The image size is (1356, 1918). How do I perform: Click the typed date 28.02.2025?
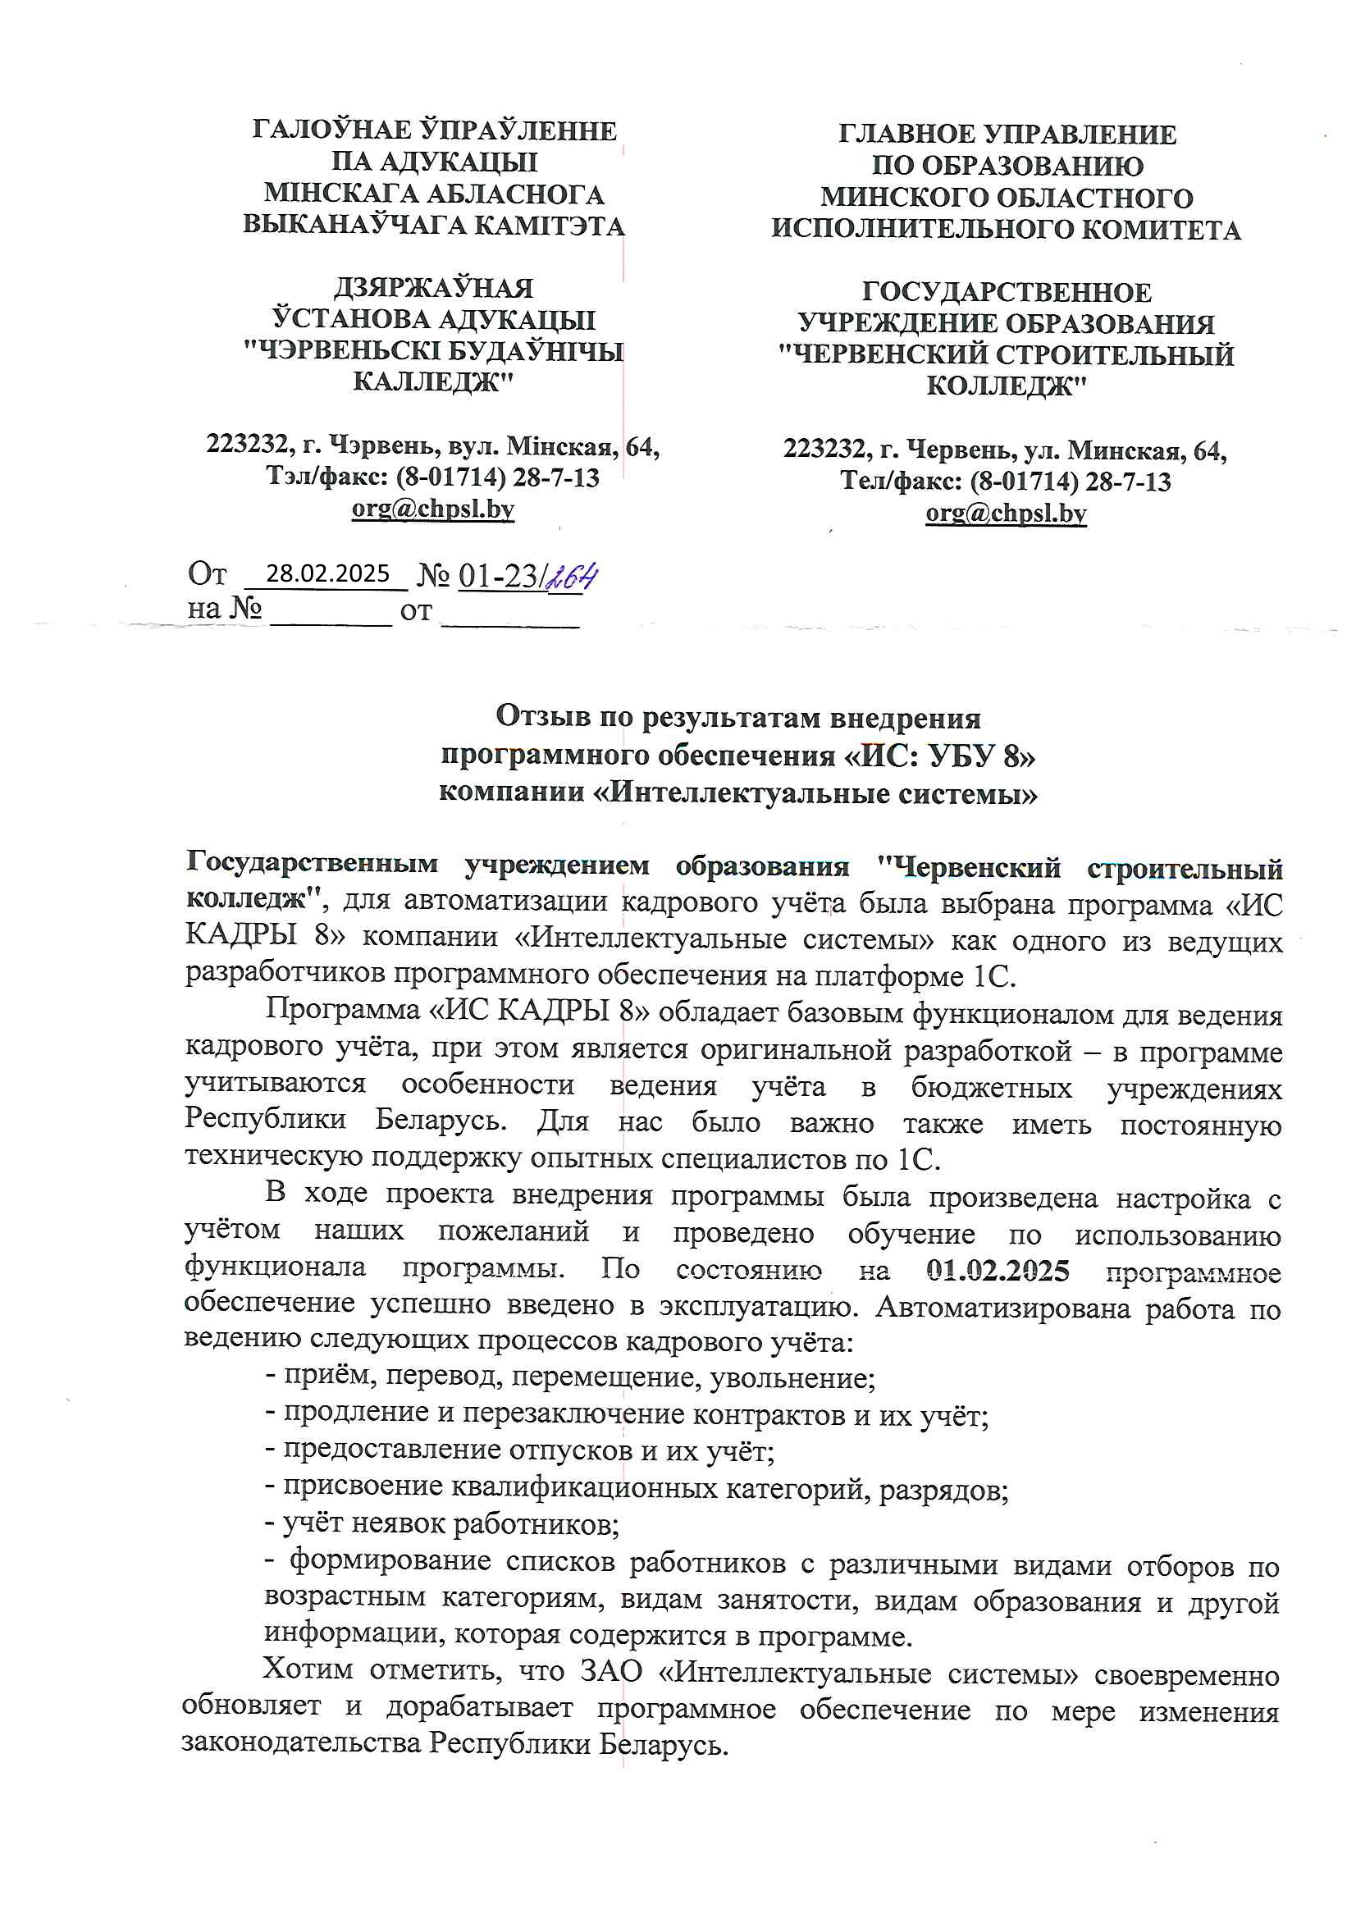[x=327, y=573]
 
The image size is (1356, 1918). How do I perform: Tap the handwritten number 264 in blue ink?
[x=573, y=577]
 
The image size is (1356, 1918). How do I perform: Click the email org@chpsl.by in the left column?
[x=433, y=508]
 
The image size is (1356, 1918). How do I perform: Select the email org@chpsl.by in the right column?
[x=1006, y=512]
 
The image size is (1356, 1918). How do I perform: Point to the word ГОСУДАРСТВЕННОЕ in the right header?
[x=1007, y=291]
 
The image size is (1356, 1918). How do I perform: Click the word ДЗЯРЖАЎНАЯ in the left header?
[x=433, y=287]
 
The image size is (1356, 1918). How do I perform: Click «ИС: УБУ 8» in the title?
[x=939, y=756]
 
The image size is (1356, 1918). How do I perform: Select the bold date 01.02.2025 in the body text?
[x=998, y=1271]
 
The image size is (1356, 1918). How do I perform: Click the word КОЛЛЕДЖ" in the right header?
[x=1007, y=386]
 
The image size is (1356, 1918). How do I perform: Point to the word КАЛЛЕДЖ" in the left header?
[x=433, y=381]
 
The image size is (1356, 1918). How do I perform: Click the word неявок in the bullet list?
[x=399, y=1524]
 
